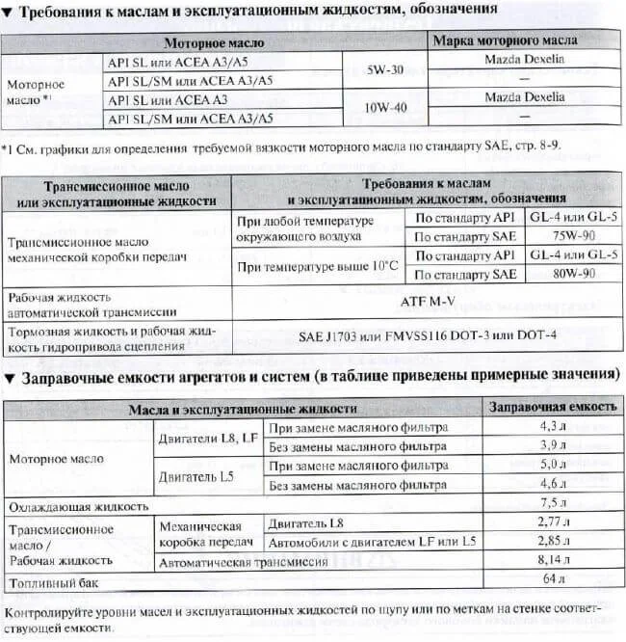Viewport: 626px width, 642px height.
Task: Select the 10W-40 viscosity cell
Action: click(386, 108)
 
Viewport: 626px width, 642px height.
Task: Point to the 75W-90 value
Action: click(573, 235)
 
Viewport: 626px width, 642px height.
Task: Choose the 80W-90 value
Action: click(573, 274)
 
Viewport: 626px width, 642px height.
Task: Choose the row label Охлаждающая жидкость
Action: click(78, 505)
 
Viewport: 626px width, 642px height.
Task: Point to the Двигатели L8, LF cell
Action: click(207, 437)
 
